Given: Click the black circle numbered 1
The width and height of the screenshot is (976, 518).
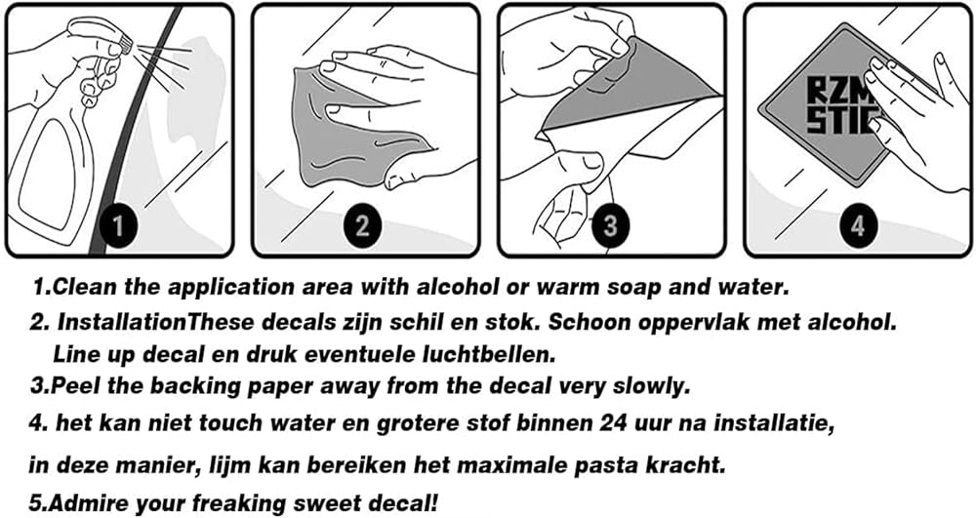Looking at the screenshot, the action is click(x=118, y=225).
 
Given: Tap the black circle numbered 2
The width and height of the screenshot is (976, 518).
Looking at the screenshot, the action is click(x=363, y=225).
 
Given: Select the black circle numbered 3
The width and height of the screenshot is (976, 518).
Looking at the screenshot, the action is click(x=610, y=225).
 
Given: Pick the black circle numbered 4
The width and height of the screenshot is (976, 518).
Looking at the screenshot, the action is click(x=858, y=225).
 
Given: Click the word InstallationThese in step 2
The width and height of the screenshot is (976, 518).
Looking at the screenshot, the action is click(x=157, y=322).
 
